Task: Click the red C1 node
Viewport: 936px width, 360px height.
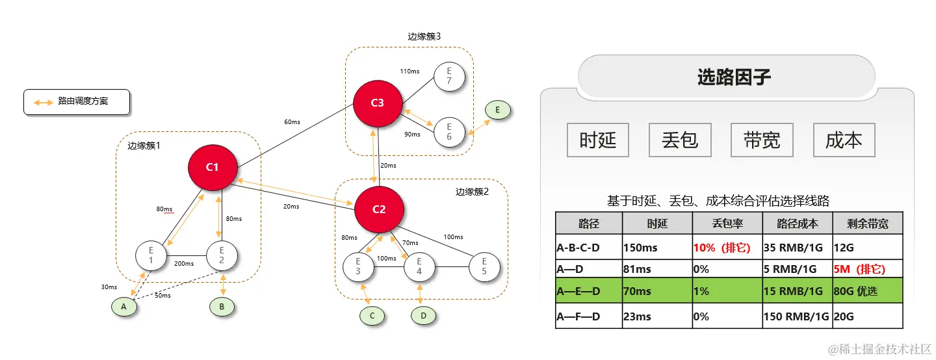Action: click(213, 167)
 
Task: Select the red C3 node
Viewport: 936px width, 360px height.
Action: click(378, 103)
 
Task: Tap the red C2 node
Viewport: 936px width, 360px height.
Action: click(379, 209)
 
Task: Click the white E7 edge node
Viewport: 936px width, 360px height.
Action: click(449, 77)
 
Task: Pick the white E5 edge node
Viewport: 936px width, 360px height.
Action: click(484, 266)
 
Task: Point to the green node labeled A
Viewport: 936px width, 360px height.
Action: click(124, 305)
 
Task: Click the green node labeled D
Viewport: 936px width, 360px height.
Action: click(424, 316)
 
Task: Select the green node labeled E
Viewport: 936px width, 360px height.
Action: click(498, 110)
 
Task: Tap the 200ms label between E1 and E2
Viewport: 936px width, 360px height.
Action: click(185, 264)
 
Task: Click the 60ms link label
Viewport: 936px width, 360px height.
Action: click(292, 122)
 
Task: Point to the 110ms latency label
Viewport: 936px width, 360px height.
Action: click(410, 71)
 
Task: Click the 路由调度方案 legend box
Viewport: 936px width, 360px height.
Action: click(77, 102)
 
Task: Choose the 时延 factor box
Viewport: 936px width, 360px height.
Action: click(598, 140)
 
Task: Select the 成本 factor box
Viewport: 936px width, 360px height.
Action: click(844, 140)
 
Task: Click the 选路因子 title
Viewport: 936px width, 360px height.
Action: click(734, 77)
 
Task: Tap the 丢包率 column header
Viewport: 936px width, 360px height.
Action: click(727, 224)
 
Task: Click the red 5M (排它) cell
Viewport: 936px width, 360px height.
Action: click(867, 268)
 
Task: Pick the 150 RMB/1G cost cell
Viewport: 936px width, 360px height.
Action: click(797, 316)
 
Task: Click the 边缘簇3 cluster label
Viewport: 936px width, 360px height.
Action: click(424, 36)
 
